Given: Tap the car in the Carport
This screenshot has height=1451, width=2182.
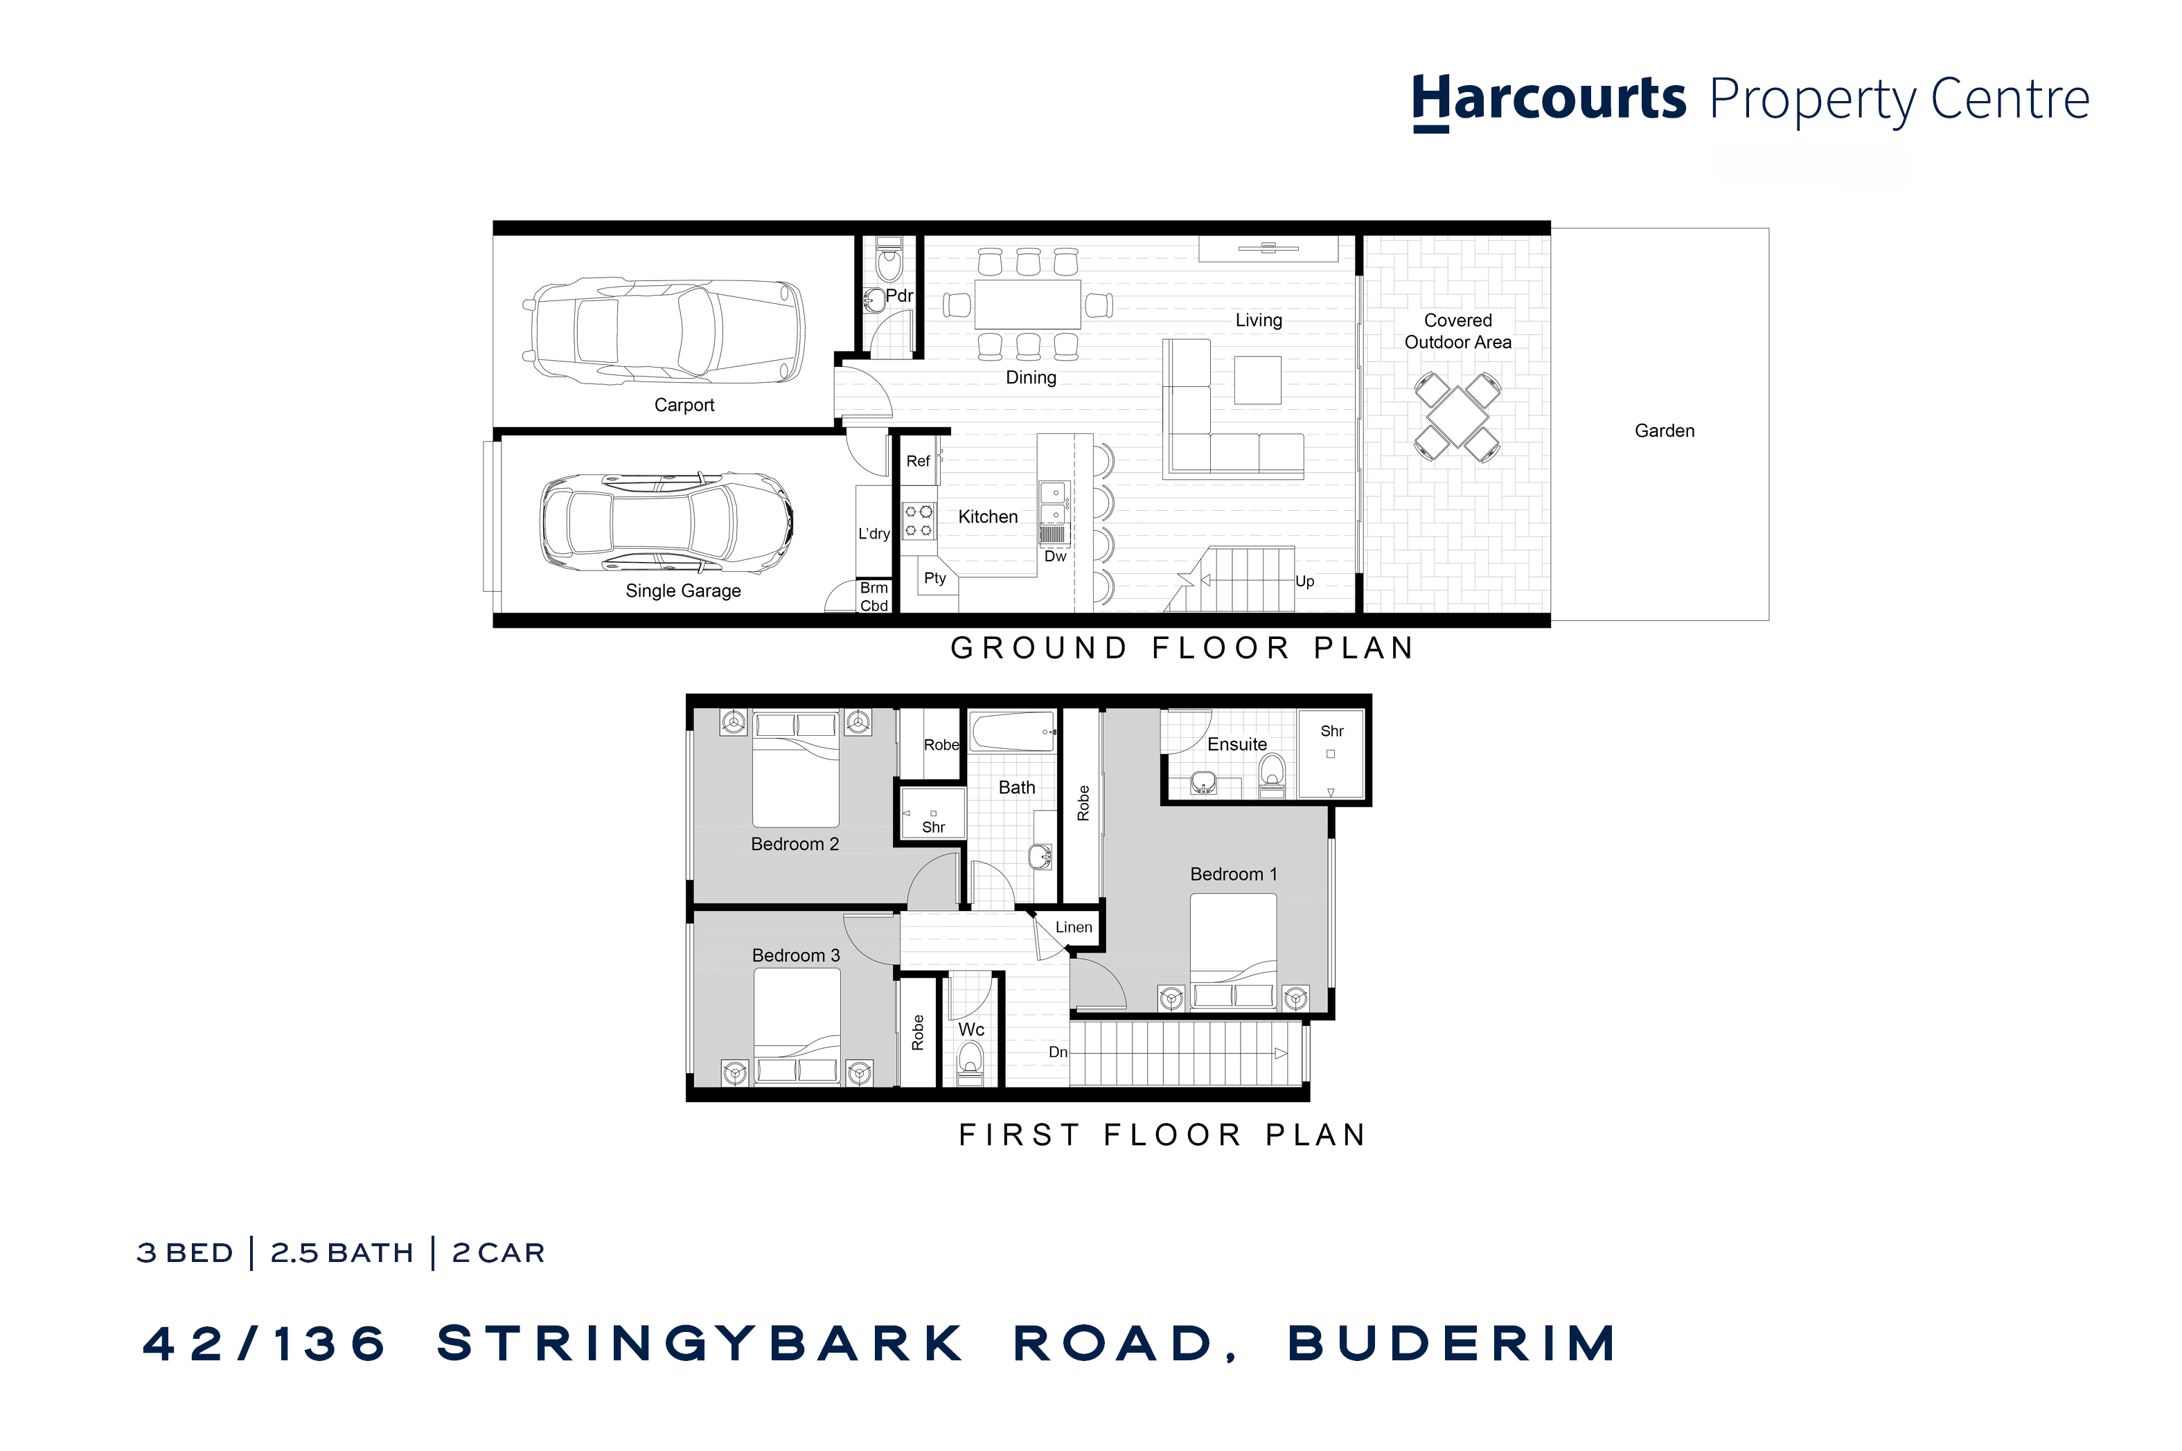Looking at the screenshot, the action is coord(663,330).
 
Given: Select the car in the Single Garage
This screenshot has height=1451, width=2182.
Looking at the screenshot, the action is coord(666,522).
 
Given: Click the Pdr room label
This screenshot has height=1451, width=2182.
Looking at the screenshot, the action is coord(898,296).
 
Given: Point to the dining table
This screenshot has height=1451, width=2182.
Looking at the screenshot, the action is coord(1027,303).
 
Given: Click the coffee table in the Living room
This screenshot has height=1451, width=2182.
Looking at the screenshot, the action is coord(1257,379).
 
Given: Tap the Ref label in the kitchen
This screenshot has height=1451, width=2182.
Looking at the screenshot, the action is coord(917,461).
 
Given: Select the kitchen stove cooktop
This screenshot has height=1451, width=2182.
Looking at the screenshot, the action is coord(919,520).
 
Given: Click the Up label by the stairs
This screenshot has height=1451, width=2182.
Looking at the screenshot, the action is coord(1304,581).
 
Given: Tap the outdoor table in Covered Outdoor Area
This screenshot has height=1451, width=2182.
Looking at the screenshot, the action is coord(1457,417).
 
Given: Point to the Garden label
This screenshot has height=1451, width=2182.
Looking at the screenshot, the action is coord(1664,431).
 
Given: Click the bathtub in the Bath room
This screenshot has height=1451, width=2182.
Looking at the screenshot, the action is coord(1013,731).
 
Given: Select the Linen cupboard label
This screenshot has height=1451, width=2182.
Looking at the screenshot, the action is coord(1073,927).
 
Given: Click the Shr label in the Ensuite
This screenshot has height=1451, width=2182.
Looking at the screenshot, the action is coord(1331,731).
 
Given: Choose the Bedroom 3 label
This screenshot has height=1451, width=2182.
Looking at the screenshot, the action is coord(795,955).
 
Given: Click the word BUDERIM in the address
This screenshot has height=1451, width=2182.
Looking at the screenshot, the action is coord(1452,1344).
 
